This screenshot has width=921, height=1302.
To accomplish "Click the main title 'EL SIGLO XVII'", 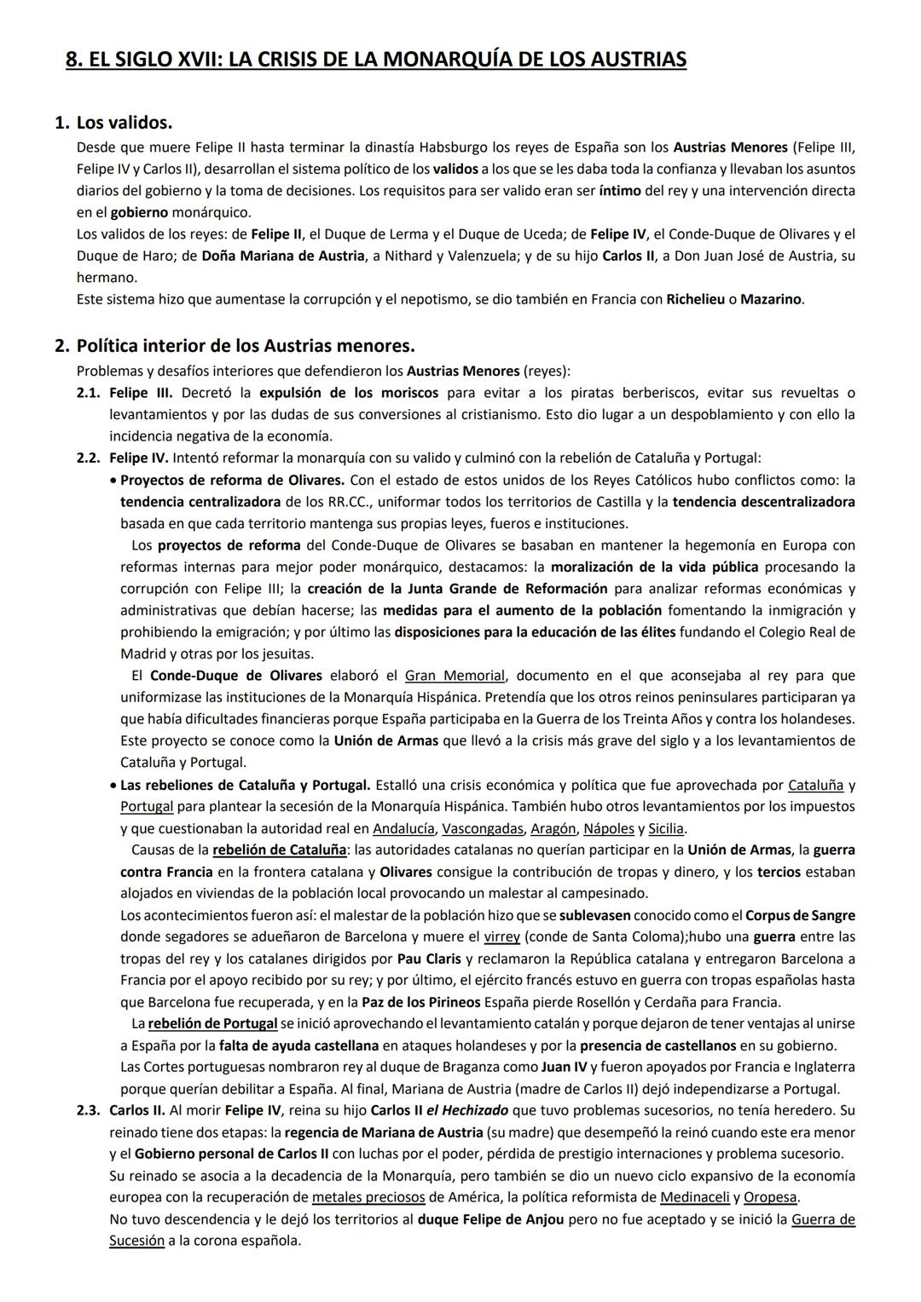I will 375,60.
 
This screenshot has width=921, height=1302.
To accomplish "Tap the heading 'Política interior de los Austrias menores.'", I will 246,346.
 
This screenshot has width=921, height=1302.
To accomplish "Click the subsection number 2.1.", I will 89,393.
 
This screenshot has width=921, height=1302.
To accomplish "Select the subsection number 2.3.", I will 89,1110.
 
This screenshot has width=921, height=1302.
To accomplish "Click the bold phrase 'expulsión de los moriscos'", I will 349,393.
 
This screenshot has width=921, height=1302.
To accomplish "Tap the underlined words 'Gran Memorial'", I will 455,676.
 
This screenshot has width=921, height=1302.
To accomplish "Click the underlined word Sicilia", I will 666,828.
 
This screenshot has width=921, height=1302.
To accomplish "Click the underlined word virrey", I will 501,937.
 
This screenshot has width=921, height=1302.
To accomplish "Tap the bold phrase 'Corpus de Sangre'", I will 799,916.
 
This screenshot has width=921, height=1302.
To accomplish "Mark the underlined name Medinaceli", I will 694,1197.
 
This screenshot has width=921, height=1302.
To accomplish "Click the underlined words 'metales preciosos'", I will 368,1197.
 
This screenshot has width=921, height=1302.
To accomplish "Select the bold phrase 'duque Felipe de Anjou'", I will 490,1219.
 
